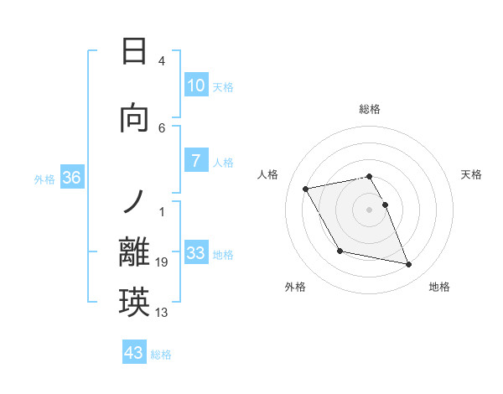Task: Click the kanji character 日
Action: [x=135, y=52]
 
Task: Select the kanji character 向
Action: [x=135, y=119]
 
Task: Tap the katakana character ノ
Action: [x=135, y=201]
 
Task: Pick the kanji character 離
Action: [x=135, y=252]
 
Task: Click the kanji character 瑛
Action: [x=135, y=303]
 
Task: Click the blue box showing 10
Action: [x=195, y=86]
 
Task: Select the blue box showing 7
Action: [x=195, y=161]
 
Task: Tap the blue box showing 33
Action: [x=195, y=252]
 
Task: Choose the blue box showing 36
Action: [x=71, y=178]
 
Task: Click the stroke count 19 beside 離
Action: [x=162, y=263]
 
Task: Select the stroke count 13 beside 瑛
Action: [x=162, y=314]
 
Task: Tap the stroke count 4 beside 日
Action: [x=162, y=61]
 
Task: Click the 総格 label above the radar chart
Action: [x=370, y=109]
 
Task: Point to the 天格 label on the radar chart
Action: [x=471, y=174]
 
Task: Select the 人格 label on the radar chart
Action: [x=268, y=174]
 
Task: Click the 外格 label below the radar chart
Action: [x=295, y=287]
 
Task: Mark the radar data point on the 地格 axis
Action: [x=409, y=265]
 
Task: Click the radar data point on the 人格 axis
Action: [x=306, y=189]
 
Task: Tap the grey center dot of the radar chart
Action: [x=370, y=209]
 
